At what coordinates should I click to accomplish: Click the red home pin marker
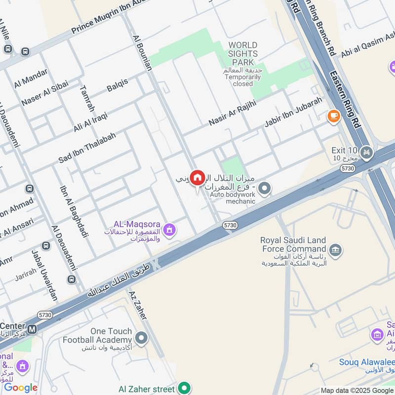coord(197,178)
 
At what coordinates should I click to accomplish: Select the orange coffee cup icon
coord(334,116)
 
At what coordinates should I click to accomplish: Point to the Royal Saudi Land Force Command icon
coord(336,251)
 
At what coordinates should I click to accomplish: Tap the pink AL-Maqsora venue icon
coord(170,230)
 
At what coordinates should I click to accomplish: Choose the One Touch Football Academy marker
coord(142,338)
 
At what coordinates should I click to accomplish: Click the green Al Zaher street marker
coord(185,389)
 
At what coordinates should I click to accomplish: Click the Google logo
coord(21,388)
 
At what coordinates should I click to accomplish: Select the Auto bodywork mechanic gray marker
coord(265,188)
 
